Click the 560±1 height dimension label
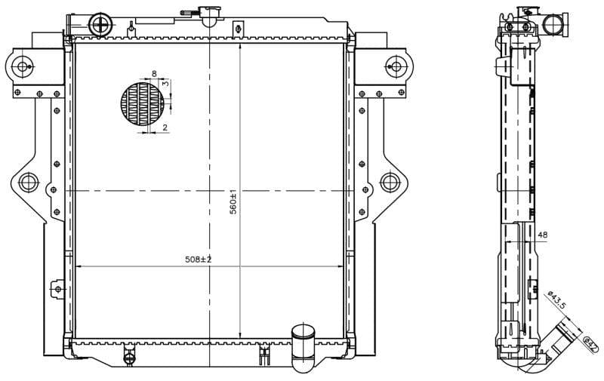tap(234, 203)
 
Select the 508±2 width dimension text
tap(198, 260)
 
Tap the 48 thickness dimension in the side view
tap(542, 235)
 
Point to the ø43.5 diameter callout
tap(556, 300)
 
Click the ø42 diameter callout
tap(590, 343)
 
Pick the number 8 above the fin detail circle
tap(154, 74)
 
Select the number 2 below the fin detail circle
tap(165, 128)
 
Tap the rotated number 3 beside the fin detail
tap(165, 84)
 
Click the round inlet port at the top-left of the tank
tap(100, 25)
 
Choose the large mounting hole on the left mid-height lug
tap(28, 182)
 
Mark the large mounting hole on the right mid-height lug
tap(389, 182)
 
